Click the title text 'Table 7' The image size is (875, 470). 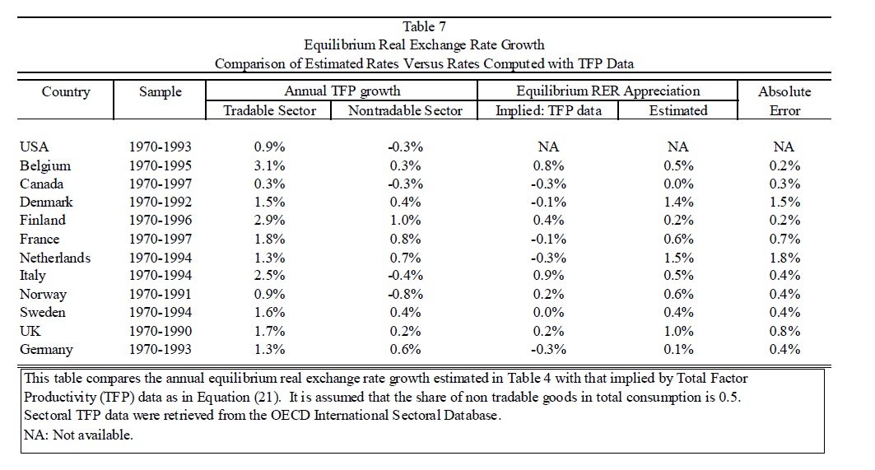(424, 26)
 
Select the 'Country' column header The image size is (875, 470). (66, 91)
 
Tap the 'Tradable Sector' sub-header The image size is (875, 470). (269, 110)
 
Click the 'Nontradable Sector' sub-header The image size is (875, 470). (405, 110)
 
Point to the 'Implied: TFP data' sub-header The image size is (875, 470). (548, 110)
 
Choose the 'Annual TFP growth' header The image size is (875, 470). (342, 91)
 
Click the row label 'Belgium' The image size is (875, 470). (45, 165)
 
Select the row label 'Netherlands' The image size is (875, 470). (54, 258)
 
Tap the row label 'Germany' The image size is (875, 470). (46, 350)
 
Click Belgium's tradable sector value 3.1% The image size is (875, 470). (269, 165)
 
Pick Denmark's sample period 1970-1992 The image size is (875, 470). (161, 202)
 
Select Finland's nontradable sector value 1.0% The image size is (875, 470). (405, 220)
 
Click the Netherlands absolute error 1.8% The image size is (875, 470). (784, 258)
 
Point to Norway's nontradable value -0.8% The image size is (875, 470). (405, 294)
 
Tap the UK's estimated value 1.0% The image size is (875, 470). (678, 330)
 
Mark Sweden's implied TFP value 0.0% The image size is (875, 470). (548, 312)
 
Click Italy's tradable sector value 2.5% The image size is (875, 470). (269, 275)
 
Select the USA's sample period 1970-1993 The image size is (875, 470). (161, 147)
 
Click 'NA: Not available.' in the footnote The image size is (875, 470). (78, 435)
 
